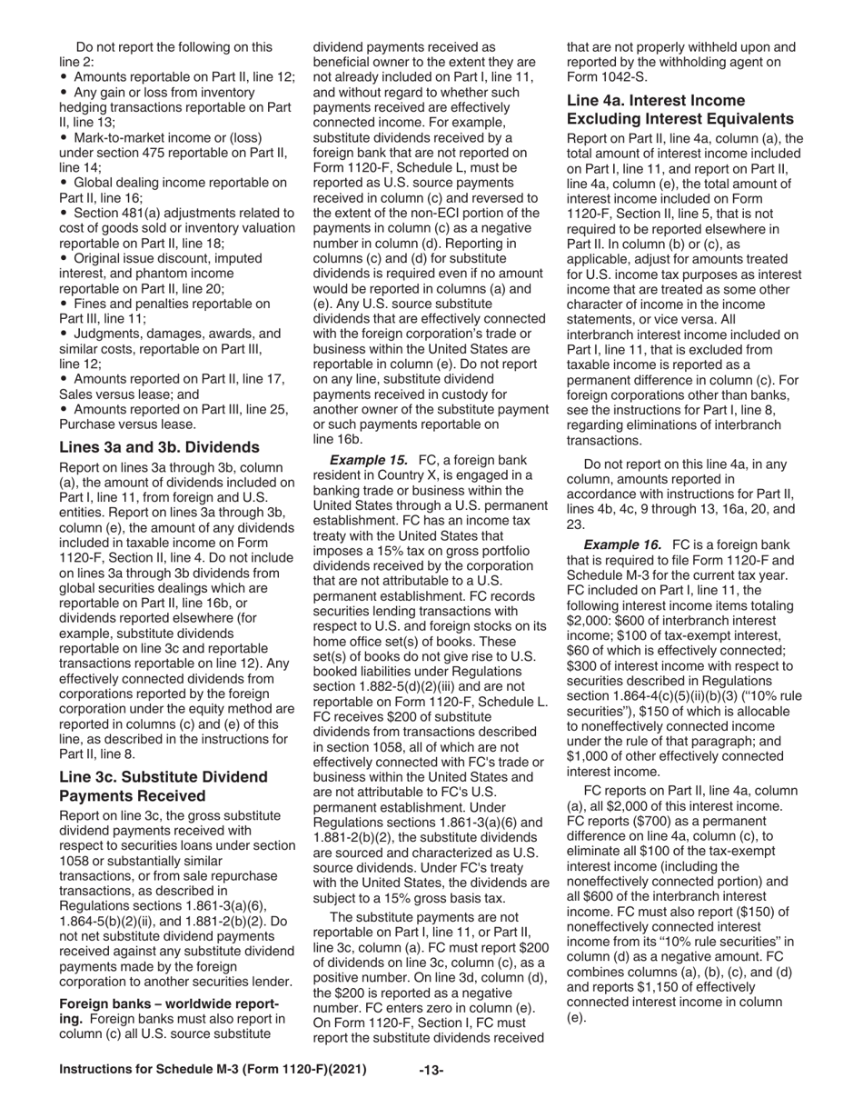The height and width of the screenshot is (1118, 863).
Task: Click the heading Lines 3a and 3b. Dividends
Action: [159, 447]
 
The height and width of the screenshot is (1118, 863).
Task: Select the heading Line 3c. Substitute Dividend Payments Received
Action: [164, 786]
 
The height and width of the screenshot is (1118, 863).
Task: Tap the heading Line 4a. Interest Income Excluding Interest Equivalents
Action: [680, 109]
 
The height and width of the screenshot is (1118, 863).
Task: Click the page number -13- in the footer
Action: [431, 1070]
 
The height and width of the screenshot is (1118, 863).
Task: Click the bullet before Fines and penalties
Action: [64, 304]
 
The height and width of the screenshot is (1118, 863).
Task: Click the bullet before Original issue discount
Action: [64, 259]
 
